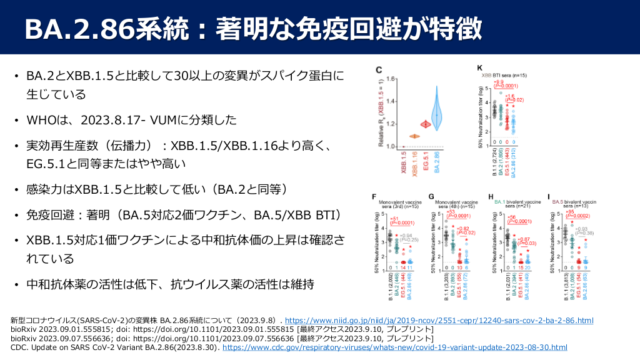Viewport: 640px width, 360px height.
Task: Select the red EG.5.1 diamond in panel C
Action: coord(425,124)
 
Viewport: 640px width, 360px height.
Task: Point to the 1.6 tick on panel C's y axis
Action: coord(391,79)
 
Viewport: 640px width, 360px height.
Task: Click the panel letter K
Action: coord(480,68)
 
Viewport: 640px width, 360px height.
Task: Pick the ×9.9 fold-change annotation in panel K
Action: coord(501,82)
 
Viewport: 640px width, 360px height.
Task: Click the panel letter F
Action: coord(373,196)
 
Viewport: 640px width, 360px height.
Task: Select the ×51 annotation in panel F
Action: coord(394,218)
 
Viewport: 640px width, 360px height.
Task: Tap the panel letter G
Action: coord(431,196)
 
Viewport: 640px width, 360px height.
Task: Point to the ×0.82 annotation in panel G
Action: coord(462,229)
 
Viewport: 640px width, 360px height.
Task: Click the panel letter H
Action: coord(491,196)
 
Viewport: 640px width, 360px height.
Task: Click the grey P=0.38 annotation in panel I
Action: coord(584,234)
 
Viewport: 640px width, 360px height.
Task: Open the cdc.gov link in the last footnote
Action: coord(394,347)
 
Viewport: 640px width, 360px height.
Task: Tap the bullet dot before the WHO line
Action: coord(17,120)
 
